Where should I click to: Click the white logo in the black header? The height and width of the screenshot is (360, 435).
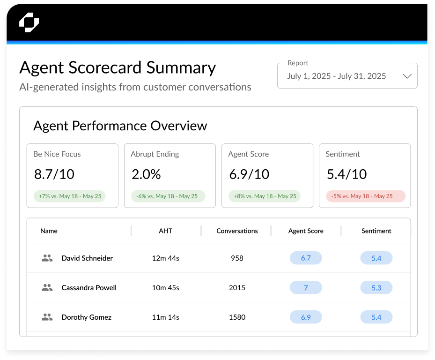click(x=29, y=22)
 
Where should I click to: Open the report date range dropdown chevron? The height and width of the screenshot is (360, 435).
click(x=407, y=76)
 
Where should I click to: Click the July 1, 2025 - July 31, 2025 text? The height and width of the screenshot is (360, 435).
click(x=336, y=76)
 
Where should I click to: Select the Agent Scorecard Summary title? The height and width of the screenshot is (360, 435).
click(x=118, y=68)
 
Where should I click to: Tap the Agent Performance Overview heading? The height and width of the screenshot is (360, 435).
click(x=120, y=126)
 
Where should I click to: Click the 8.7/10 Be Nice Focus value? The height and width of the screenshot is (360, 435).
click(x=54, y=174)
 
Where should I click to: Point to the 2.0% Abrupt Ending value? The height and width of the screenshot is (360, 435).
click(x=146, y=174)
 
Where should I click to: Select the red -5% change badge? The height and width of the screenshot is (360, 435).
click(x=366, y=196)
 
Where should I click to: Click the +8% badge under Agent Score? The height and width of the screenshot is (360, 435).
click(x=264, y=196)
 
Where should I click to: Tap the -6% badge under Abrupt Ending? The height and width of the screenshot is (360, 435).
click(x=167, y=196)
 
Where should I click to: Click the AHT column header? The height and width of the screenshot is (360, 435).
click(x=165, y=231)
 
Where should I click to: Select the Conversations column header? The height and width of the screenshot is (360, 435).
click(x=237, y=231)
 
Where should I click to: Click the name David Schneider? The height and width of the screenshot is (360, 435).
click(x=87, y=258)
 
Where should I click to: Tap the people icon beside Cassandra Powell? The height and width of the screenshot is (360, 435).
click(x=47, y=288)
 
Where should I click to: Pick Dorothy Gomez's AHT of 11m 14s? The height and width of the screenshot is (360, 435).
click(x=165, y=317)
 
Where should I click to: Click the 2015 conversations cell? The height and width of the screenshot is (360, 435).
click(x=237, y=288)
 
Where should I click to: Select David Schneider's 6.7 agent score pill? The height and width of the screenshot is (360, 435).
click(x=306, y=258)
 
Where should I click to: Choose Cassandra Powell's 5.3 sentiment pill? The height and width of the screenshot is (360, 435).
click(x=376, y=288)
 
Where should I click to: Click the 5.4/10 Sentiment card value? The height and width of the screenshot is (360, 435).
click(x=347, y=174)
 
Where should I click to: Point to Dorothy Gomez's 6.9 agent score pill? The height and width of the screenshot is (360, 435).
click(x=306, y=317)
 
